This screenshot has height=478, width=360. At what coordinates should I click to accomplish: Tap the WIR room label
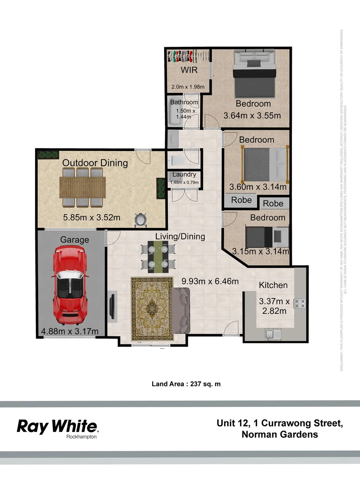[x=188, y=70]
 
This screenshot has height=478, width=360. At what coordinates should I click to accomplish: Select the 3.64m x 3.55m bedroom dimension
[x=252, y=116]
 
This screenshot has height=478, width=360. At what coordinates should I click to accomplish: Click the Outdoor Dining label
[x=95, y=163]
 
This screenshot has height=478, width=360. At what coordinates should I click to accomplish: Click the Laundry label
[x=184, y=174]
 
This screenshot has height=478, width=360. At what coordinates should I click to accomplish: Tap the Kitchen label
[x=273, y=285]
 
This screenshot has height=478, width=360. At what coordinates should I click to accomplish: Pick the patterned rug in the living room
[x=151, y=308]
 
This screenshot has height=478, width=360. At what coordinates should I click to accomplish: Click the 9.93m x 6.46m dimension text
[x=210, y=281]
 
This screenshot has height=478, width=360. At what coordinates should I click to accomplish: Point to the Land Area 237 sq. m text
[x=186, y=384]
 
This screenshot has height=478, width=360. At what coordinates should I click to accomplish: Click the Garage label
[x=74, y=240]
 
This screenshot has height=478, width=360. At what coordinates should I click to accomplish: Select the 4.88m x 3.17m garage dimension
[x=70, y=331]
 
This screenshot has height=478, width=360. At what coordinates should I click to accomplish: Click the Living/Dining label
[x=180, y=236]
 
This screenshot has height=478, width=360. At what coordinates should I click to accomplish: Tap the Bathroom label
[x=184, y=102]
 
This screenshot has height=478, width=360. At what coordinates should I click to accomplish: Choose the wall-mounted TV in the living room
[x=112, y=305]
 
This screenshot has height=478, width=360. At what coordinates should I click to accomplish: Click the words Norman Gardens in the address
[x=280, y=434]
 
